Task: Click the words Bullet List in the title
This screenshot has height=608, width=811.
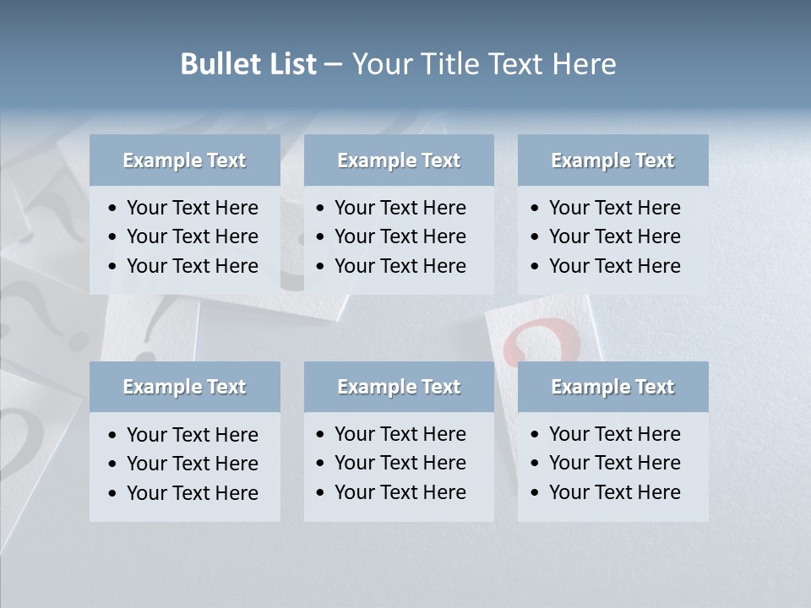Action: tap(248, 64)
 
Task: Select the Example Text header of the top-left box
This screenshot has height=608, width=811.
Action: tap(184, 160)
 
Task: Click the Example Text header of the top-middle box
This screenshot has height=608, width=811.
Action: tap(399, 160)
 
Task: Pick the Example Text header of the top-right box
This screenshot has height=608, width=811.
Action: tap(612, 160)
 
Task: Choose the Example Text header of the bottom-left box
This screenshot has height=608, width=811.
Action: tap(184, 387)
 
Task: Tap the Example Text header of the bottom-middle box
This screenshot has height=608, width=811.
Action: tap(399, 387)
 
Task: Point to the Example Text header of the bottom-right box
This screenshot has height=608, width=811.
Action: tap(612, 387)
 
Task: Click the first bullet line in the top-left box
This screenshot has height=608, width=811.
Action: tap(192, 208)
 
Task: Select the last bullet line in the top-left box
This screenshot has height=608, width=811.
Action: tap(192, 266)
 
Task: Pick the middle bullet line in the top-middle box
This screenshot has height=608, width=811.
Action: tap(400, 236)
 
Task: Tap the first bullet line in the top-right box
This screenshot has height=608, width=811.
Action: tap(614, 208)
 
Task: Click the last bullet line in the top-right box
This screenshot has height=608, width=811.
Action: tap(614, 266)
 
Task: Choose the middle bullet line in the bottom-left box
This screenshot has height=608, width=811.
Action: tap(192, 464)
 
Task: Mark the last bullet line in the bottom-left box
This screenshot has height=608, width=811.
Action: tap(192, 493)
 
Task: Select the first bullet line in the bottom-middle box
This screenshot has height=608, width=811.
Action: tap(400, 434)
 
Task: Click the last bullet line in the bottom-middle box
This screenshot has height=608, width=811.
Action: tap(400, 492)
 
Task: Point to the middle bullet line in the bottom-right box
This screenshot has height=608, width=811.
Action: tap(614, 463)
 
